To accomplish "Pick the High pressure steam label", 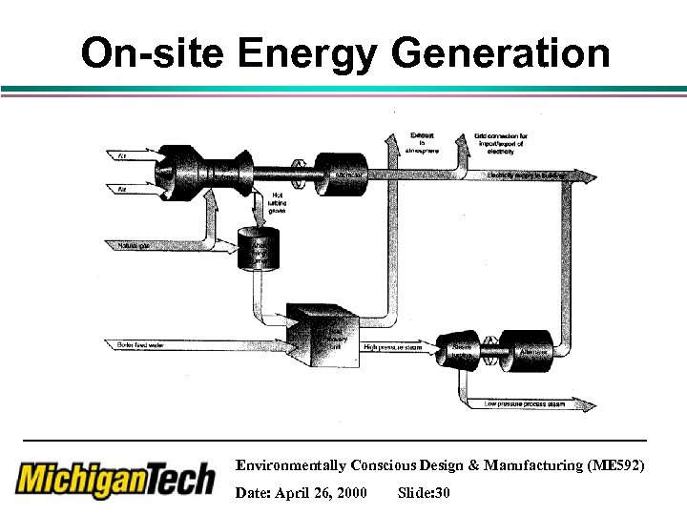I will (393, 347).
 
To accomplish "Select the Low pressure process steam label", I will (524, 404).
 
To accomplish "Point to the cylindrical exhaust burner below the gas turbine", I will (258, 249).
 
